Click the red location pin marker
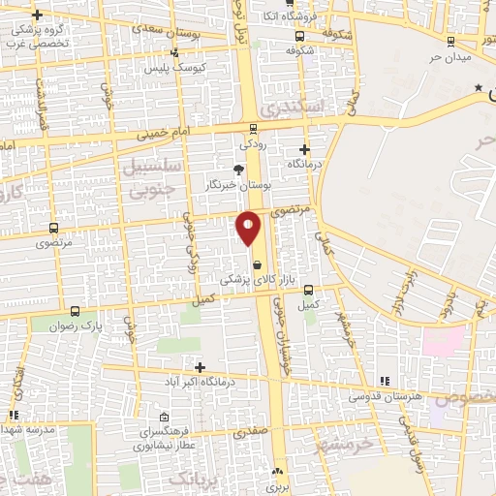pos(249,227)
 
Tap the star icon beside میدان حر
pos(479,88)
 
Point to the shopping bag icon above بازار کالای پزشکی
pos(257,263)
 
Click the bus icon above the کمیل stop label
pos(308,290)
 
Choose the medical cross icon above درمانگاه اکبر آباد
pos(199,367)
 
